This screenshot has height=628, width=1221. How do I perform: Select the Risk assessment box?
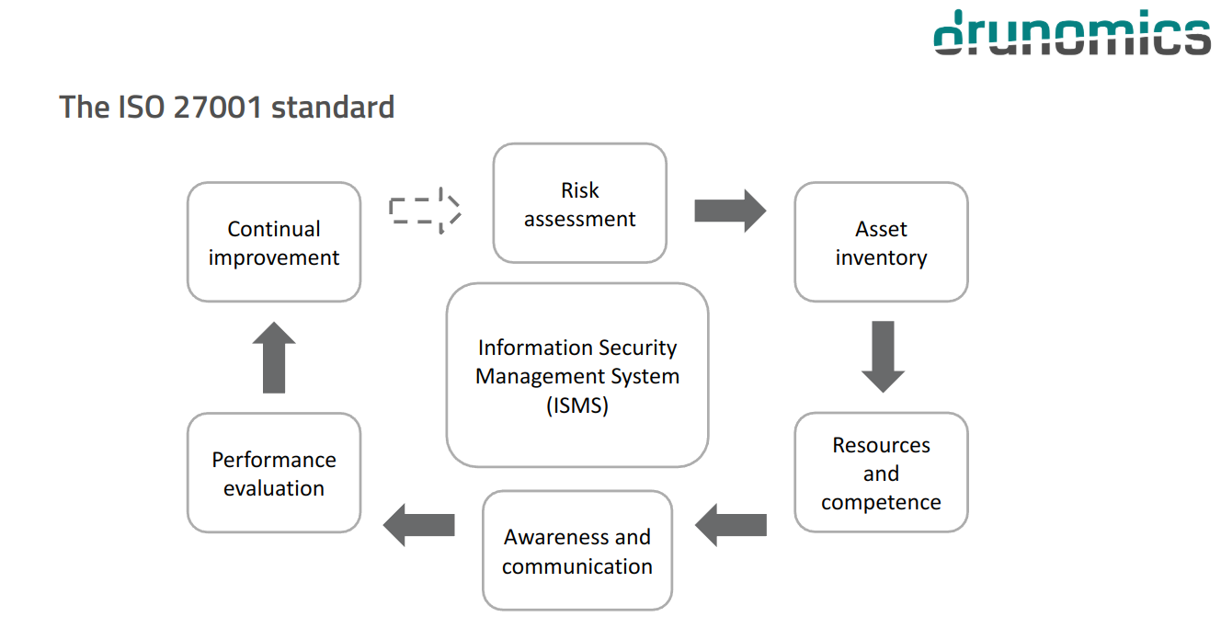[x=579, y=203]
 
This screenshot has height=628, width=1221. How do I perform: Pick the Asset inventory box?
[x=881, y=242]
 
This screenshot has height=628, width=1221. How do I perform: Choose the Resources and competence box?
[x=881, y=473]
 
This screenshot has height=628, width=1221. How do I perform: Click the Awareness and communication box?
[x=577, y=550]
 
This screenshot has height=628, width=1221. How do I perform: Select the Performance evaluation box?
[x=274, y=473]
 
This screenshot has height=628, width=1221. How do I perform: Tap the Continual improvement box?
[x=274, y=242]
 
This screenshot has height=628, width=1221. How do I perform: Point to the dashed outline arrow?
[x=424, y=211]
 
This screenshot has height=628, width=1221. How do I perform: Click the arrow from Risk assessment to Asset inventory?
[x=729, y=211]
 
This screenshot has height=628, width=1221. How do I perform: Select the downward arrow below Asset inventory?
[x=883, y=357]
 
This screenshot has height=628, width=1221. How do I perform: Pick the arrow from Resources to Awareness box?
[x=731, y=525]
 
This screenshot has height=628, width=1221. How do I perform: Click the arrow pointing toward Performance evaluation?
[x=419, y=525]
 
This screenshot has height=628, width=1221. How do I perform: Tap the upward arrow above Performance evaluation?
[x=274, y=357]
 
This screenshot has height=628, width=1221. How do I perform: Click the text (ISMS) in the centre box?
[x=577, y=405]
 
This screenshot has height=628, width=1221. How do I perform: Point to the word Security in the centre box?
[x=637, y=348]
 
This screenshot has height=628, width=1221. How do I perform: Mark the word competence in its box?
[x=881, y=502]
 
